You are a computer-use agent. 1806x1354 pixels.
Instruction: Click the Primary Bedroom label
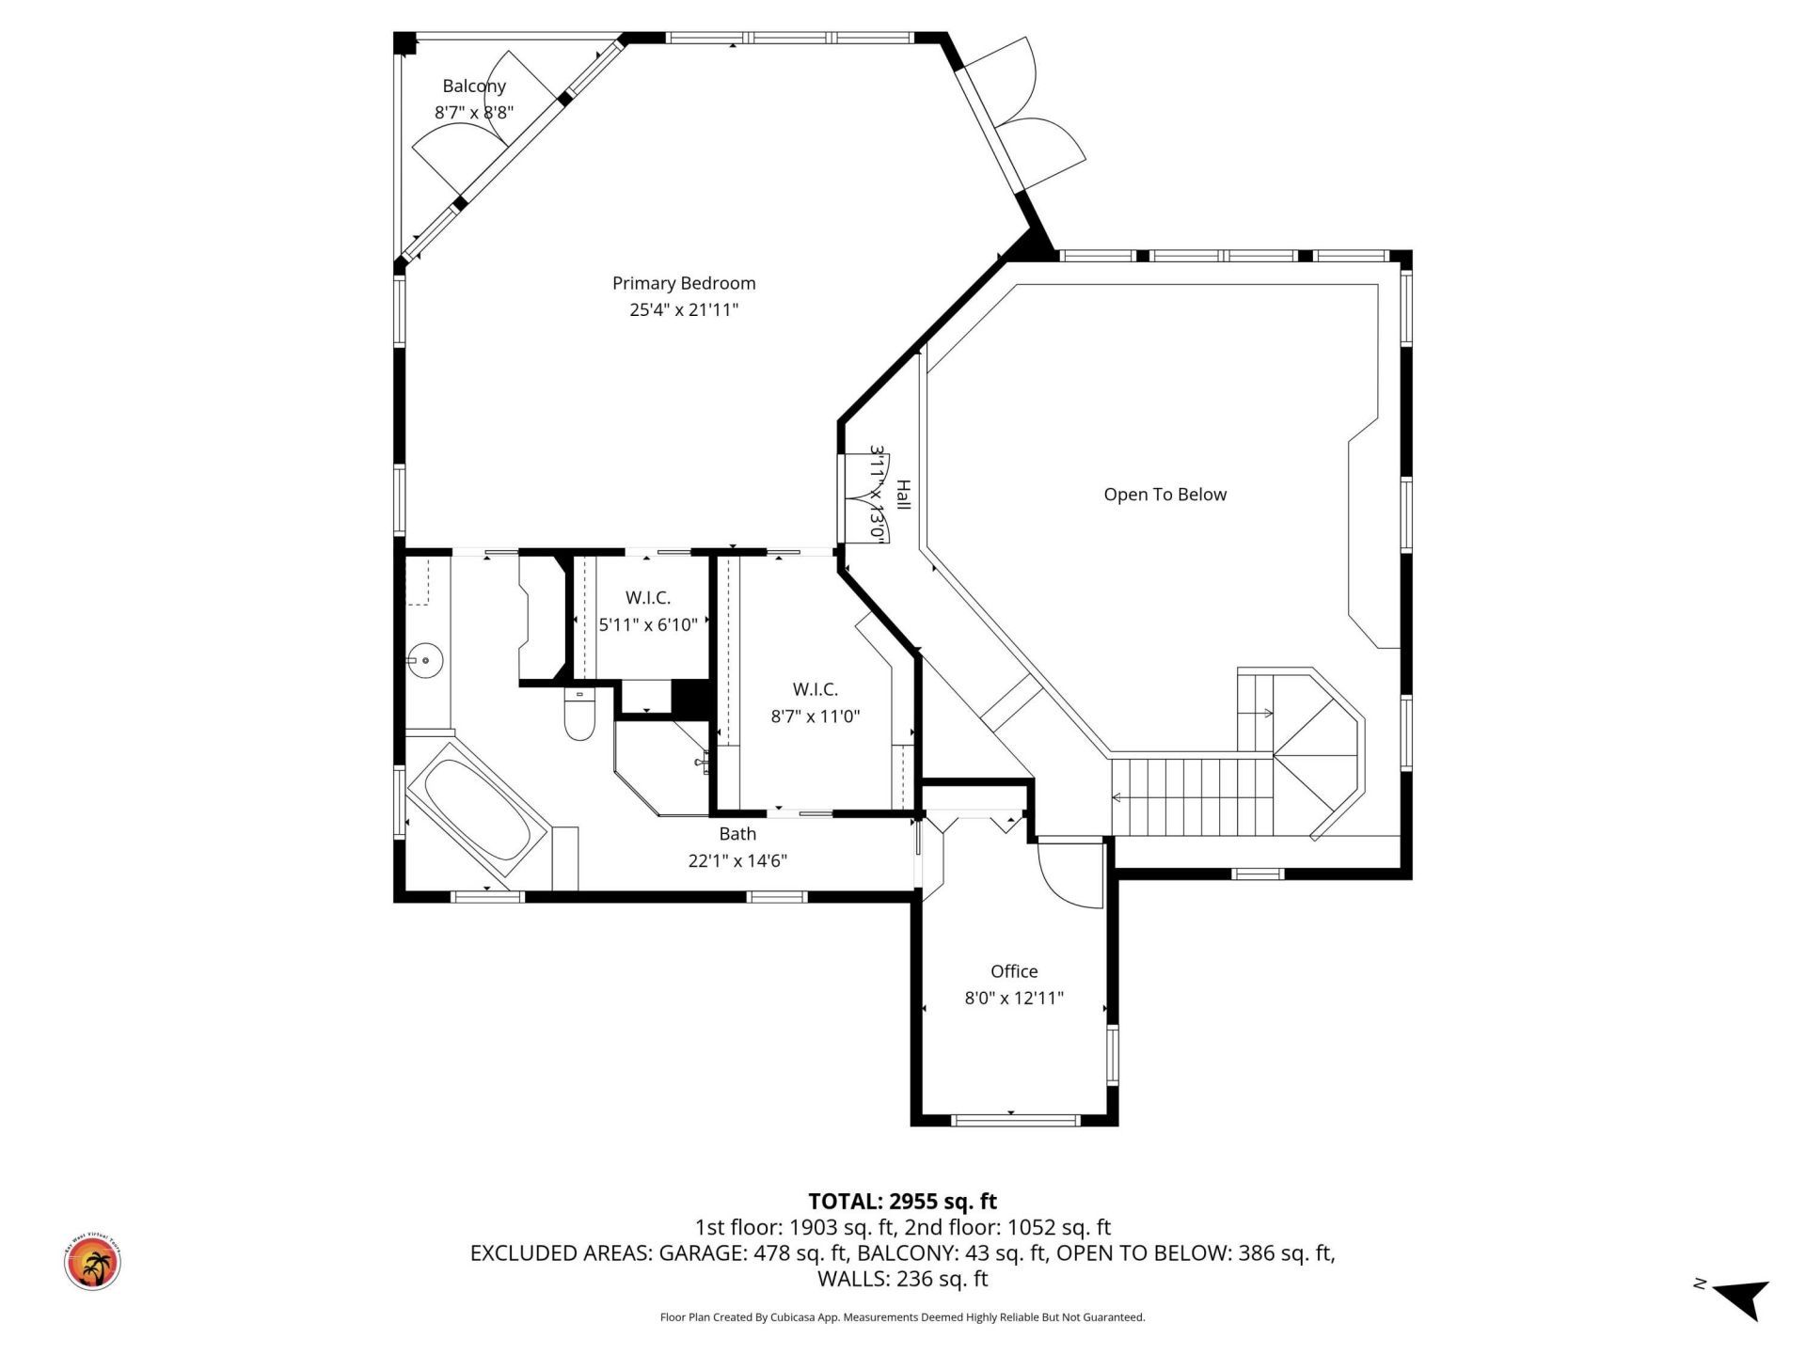684,283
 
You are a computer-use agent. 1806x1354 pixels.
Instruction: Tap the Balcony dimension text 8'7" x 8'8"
473,112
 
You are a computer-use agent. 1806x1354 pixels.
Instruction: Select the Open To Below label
1164,495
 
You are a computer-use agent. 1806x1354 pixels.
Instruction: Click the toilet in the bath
579,716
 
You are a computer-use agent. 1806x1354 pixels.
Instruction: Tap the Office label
1014,971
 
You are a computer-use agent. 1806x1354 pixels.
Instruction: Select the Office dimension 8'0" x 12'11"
1014,998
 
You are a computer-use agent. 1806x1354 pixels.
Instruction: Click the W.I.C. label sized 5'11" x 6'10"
647,598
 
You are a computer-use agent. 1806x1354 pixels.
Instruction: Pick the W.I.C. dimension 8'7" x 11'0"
815,716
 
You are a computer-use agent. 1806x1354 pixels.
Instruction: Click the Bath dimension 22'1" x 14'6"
737,860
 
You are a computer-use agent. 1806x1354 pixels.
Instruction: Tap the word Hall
903,496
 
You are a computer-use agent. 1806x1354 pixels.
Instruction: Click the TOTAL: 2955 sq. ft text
902,1201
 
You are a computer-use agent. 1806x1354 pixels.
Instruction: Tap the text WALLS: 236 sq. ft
902,1279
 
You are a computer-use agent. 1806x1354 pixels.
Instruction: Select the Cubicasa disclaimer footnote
902,1317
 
